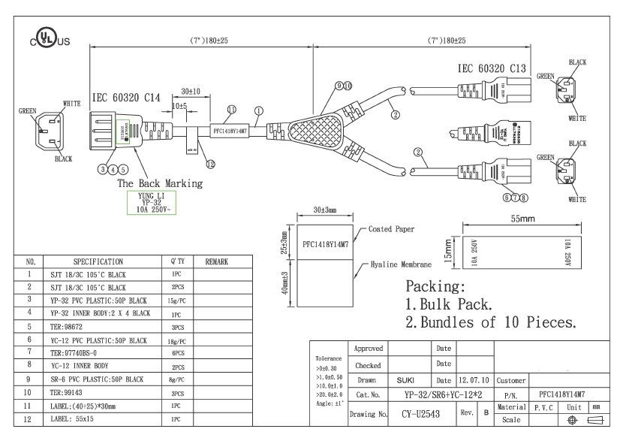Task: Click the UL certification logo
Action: (x=50, y=40)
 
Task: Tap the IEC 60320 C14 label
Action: (x=126, y=98)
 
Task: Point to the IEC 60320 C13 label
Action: (x=492, y=68)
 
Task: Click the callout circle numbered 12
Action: (x=210, y=164)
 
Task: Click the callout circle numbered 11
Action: (x=230, y=110)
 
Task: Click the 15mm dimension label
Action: (x=449, y=252)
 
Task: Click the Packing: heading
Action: (x=435, y=286)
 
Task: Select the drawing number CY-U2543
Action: (x=420, y=412)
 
